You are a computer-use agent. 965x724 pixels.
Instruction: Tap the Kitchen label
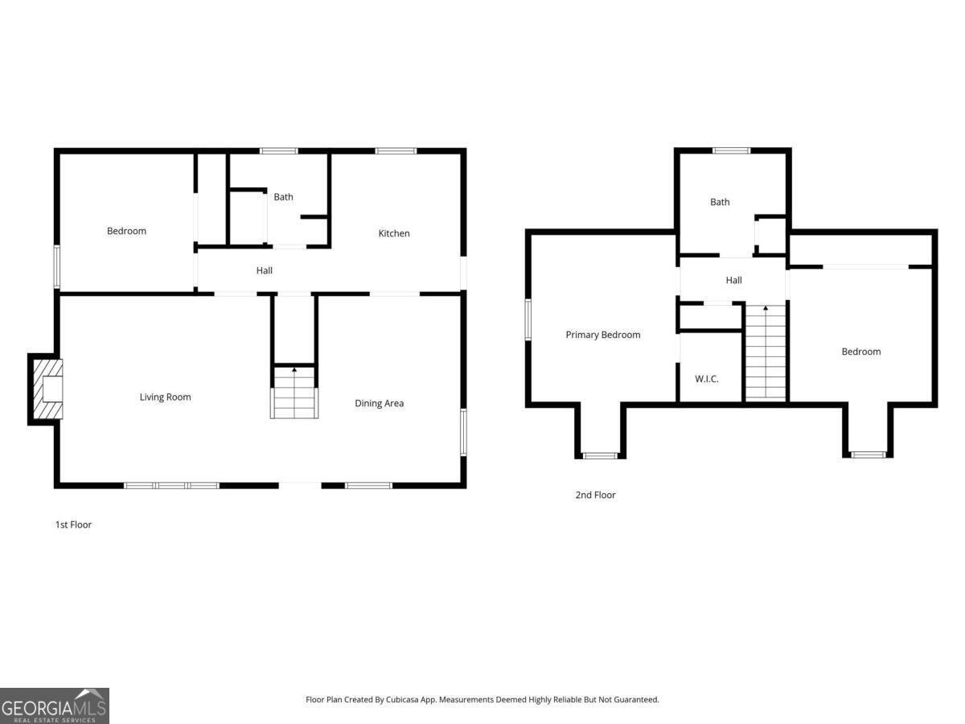pos(394,233)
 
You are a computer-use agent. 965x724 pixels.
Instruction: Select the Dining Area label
pos(379,403)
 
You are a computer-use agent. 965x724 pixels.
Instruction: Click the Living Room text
pos(165,397)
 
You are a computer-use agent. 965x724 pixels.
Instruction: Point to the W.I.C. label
pos(706,379)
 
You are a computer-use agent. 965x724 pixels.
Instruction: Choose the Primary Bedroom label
pos(602,335)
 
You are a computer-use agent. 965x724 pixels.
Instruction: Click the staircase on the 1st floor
pos(294,393)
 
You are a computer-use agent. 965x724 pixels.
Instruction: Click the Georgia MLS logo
pos(54,705)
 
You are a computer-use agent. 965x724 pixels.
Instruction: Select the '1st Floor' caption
pos(73,524)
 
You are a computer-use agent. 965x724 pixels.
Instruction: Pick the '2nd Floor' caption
pos(595,495)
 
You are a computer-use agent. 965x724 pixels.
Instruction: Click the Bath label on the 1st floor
pos(283,196)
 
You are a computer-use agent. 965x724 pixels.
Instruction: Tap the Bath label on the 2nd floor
pos(720,202)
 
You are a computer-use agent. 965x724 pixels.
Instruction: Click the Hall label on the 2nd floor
pos(733,280)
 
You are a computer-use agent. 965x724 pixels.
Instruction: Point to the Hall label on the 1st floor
pos(264,270)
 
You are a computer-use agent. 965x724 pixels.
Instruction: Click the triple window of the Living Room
pos(171,485)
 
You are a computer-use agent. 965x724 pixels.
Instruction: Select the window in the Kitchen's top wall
pos(396,150)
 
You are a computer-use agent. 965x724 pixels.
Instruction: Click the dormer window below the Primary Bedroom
pos(600,456)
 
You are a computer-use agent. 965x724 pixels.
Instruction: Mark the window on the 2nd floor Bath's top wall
pos(732,150)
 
